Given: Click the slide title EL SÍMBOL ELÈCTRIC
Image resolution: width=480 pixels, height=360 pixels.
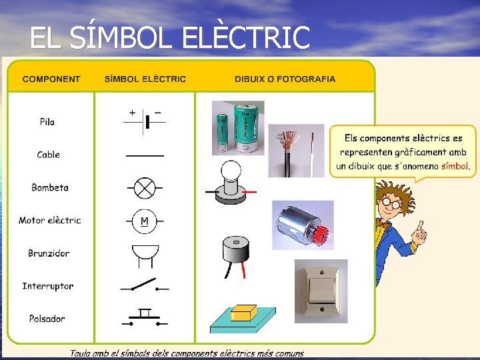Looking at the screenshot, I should pos(170,37).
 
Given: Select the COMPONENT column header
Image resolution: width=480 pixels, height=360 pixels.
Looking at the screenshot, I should pos(51,79).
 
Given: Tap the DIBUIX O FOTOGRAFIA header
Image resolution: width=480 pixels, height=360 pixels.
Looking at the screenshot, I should pos(285,79).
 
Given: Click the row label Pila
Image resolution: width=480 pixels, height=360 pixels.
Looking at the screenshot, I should pos(47,122).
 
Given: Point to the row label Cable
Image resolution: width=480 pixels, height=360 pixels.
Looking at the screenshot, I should pos(49,155).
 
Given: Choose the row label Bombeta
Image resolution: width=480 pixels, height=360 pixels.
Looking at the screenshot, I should pos(50,187).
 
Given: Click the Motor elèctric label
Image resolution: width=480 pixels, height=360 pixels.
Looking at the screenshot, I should pos(50,220).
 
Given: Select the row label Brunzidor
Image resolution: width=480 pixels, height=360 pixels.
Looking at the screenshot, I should pos(49,253).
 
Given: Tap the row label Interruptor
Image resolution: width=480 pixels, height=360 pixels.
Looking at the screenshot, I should pos(48,286).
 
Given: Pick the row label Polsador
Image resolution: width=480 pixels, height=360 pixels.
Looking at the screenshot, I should pos(47,319).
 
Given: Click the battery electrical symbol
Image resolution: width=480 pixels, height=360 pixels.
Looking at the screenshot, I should pos(145,122).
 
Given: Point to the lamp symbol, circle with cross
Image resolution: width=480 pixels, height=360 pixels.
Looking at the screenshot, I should pos(145,187).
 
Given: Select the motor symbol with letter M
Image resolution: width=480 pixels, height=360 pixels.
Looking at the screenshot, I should pos(145,220).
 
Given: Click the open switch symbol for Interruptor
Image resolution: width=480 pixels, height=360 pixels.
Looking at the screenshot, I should pos(144,286).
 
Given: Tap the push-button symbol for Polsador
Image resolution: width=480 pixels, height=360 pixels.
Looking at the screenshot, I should pos(145,317).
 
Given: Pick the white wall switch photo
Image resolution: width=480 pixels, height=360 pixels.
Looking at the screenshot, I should pos(321,287).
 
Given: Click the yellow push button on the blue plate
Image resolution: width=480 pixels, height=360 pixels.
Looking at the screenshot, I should pos(243,312).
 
